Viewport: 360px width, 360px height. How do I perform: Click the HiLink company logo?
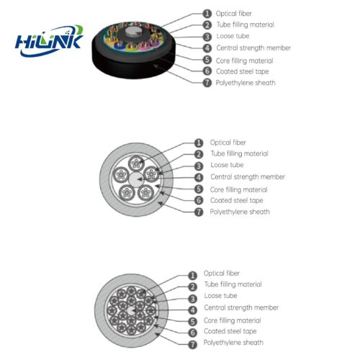tap(49, 41)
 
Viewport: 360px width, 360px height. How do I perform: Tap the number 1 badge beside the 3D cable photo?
tap(207, 14)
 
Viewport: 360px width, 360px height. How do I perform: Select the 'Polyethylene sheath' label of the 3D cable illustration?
tap(246, 83)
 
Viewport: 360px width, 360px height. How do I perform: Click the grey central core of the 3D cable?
tap(131, 32)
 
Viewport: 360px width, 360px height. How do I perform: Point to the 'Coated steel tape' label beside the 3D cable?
tap(243, 71)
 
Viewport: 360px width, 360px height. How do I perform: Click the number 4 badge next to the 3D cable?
tap(207, 48)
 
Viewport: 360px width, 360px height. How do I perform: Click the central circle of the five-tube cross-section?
tap(137, 179)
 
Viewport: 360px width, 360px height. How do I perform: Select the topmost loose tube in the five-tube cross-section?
tap(137, 163)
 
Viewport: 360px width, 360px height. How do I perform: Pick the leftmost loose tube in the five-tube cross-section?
tap(121, 175)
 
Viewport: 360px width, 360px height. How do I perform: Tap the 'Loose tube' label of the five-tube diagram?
tap(227, 165)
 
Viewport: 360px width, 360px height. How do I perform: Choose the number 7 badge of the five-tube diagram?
tap(199, 212)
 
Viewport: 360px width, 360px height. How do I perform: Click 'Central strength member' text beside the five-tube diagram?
tap(248, 177)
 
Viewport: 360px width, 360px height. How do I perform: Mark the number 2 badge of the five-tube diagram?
tap(199, 154)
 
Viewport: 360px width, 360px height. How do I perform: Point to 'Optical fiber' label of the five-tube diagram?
tap(228, 143)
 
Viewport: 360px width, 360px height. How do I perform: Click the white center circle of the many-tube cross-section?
tap(131, 311)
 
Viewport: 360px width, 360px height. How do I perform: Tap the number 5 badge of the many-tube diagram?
tap(192, 322)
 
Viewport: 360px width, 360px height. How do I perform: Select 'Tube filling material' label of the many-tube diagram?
tap(233, 284)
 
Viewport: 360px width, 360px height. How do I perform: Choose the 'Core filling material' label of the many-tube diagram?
tap(233, 320)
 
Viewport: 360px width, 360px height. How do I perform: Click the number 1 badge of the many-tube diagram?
tap(192, 276)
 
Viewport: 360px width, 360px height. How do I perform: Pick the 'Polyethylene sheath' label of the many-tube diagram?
tap(233, 343)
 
